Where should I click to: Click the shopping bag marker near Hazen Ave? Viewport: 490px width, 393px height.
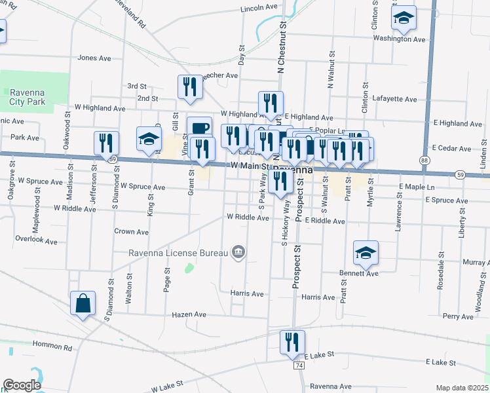click(x=83, y=305)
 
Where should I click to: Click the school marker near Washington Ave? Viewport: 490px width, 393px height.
click(x=404, y=19)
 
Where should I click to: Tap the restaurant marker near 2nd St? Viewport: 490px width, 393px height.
click(x=189, y=88)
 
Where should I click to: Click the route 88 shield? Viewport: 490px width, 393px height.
click(x=425, y=160)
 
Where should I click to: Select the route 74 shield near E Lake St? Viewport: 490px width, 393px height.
click(x=299, y=365)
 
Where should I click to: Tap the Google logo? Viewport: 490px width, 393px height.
click(x=22, y=385)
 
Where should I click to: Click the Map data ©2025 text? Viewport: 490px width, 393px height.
click(x=461, y=388)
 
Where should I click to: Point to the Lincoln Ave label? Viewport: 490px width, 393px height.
click(x=260, y=9)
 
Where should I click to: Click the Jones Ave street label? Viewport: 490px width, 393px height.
click(x=95, y=58)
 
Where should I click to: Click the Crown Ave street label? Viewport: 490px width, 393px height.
click(x=131, y=232)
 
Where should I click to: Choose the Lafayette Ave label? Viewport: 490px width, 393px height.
click(x=394, y=100)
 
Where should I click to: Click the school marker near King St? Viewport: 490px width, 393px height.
click(x=149, y=140)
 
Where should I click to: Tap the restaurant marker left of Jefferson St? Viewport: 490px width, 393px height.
click(x=106, y=143)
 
